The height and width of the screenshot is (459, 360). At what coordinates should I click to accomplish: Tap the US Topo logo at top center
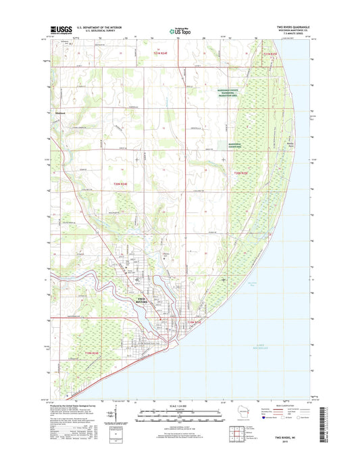click(x=180, y=30)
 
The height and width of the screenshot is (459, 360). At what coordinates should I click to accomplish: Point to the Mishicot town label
click(x=59, y=122)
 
